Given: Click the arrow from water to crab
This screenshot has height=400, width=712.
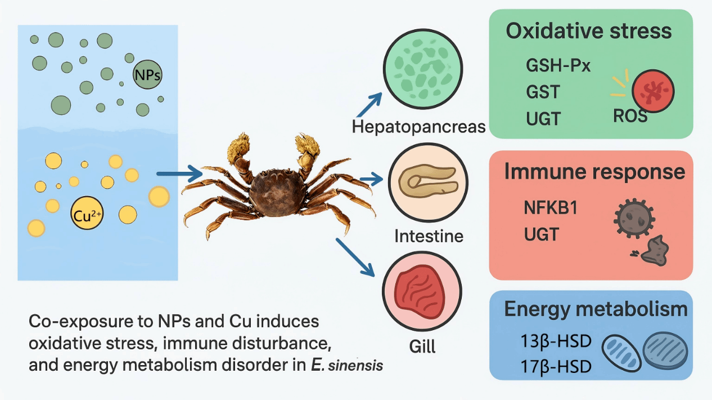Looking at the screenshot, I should (178, 174).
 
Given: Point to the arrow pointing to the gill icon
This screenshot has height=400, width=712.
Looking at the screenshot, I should (355, 257).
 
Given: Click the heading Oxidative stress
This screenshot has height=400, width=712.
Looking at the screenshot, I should (589, 30).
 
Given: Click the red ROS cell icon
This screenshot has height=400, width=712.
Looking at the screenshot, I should (653, 91).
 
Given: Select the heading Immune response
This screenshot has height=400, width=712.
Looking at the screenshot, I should (595, 171).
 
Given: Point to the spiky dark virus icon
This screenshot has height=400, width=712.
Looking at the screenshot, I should (634, 217).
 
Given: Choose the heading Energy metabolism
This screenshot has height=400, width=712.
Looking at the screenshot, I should (596, 309).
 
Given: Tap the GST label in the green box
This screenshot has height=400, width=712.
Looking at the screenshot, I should (543, 91).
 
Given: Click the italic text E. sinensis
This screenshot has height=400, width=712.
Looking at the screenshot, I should (347, 365).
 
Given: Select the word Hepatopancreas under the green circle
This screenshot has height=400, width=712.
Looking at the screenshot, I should (418, 126).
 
